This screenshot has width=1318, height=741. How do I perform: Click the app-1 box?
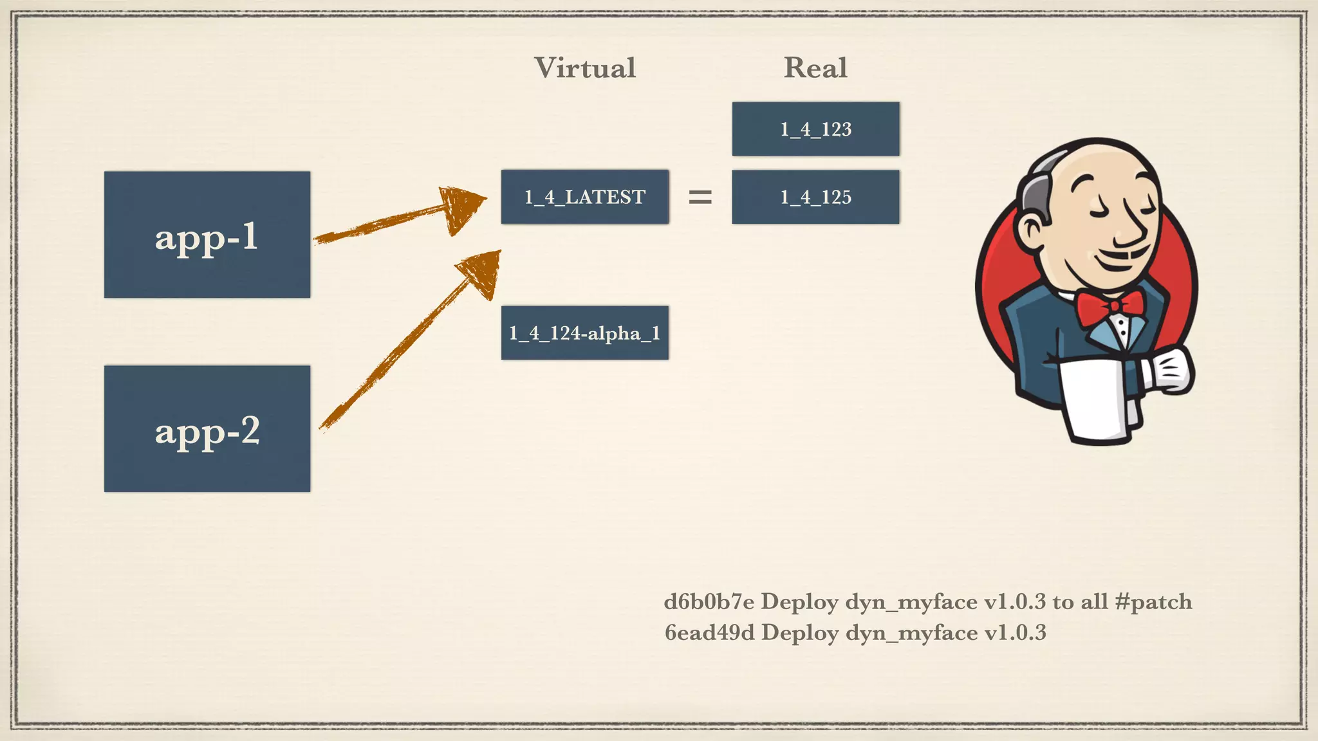(207, 235)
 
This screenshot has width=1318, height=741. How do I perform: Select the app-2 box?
(207, 429)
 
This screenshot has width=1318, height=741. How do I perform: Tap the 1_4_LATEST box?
(584, 197)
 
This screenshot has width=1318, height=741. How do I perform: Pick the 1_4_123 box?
(815, 129)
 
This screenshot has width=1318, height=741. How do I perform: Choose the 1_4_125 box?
(815, 197)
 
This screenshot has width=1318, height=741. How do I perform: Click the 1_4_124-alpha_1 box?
(584, 333)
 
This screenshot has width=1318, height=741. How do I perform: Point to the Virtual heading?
(584, 68)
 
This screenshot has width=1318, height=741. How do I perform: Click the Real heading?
(815, 68)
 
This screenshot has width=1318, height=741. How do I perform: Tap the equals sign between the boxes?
(700, 197)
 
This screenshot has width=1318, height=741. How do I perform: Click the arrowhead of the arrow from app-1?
(463, 207)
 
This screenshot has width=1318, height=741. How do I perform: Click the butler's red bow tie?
(1110, 306)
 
